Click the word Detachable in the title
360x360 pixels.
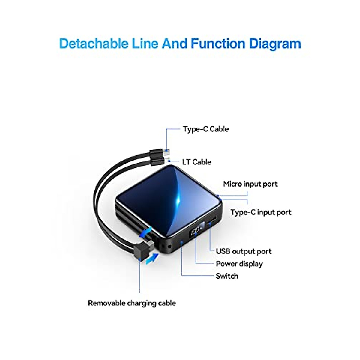(x=94, y=44)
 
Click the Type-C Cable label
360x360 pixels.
(x=206, y=129)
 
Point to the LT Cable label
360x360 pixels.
(x=196, y=162)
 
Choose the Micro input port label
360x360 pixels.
(x=250, y=184)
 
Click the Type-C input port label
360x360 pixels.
(x=261, y=212)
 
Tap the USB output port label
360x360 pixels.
(x=244, y=251)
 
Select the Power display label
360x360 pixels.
(x=239, y=264)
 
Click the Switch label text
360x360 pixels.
(x=227, y=276)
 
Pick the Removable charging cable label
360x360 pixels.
(x=132, y=303)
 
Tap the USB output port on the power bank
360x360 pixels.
(x=212, y=220)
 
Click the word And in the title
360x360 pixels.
(x=174, y=44)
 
